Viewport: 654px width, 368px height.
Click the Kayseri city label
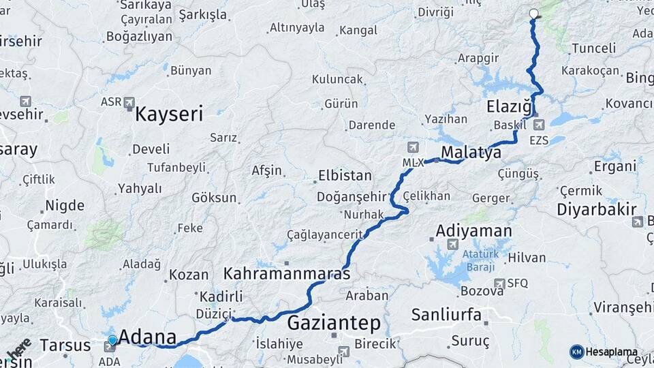click(169, 113)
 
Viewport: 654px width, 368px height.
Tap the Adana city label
click(147, 337)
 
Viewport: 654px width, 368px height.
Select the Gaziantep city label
click(333, 322)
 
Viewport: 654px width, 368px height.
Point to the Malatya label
click(471, 152)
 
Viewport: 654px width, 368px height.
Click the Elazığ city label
click(509, 106)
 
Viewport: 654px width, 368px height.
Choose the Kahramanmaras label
click(286, 274)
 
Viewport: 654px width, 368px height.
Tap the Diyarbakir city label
click(597, 209)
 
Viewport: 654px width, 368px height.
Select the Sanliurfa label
click(446, 315)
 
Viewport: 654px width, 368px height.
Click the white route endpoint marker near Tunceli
click(533, 13)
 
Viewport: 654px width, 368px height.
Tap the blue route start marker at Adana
click(112, 339)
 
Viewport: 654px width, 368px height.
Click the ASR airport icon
click(130, 102)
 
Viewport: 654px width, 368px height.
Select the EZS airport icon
click(540, 125)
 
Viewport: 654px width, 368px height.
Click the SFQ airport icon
click(501, 283)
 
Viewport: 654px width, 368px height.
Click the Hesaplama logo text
click(611, 352)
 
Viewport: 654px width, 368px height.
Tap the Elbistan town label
click(345, 176)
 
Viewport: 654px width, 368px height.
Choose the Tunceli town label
click(593, 48)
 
